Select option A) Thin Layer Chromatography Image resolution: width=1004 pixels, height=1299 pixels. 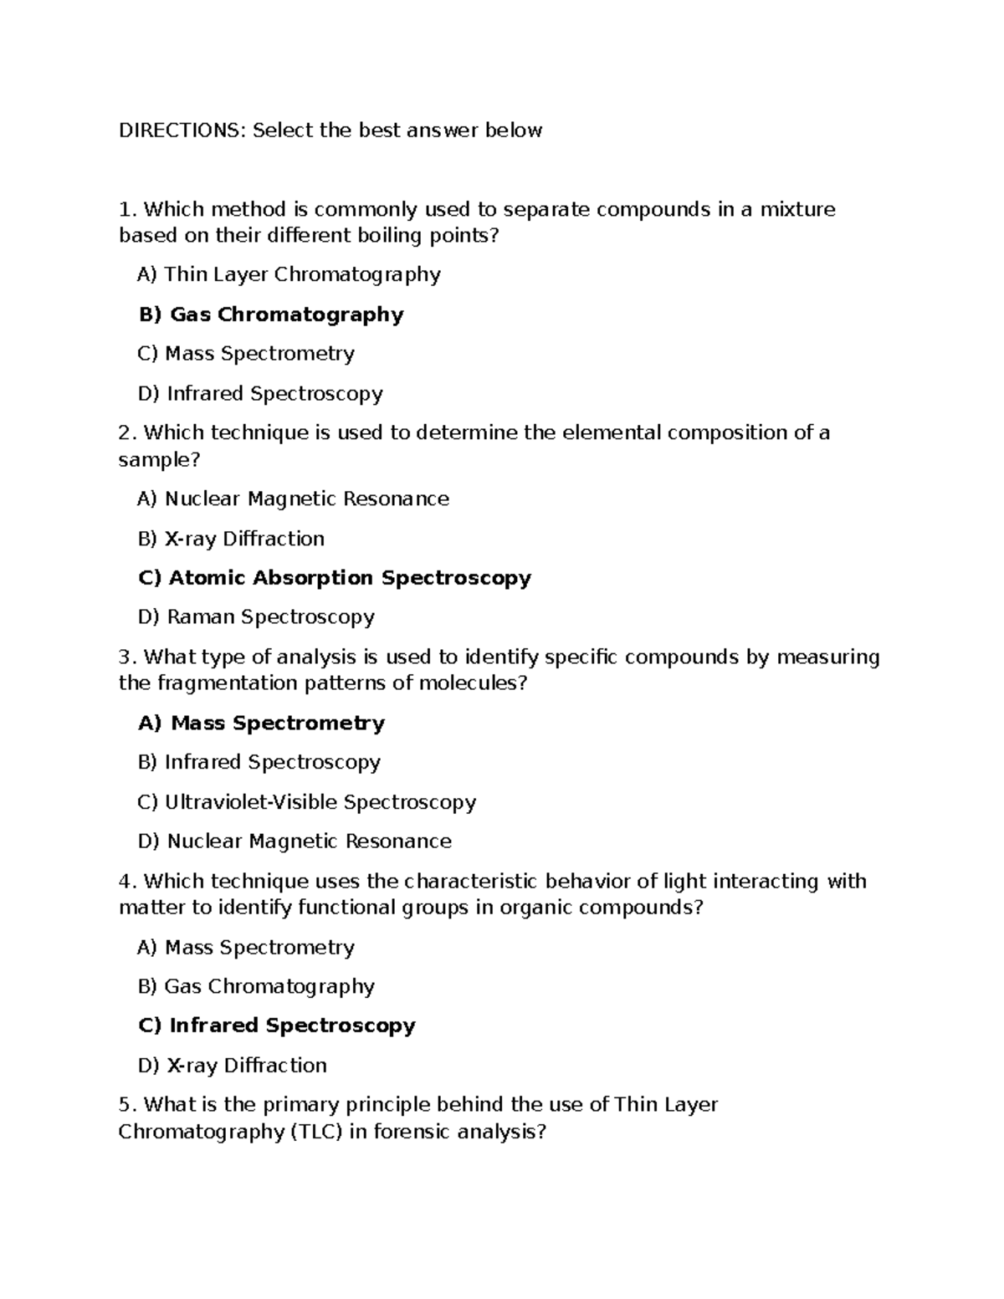point(289,274)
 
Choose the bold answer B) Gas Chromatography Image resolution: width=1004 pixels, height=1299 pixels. point(270,315)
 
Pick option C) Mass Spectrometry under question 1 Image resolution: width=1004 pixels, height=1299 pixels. point(246,354)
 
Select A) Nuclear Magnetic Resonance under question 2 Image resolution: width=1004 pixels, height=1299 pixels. point(293,499)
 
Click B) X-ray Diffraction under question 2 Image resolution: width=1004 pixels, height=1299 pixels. point(231,539)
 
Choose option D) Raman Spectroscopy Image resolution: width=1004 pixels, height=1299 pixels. point(256,617)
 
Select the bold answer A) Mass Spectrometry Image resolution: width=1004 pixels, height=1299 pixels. point(261,724)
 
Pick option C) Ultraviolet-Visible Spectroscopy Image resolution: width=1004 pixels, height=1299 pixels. point(306,802)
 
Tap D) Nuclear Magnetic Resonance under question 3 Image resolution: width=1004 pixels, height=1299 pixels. point(295,841)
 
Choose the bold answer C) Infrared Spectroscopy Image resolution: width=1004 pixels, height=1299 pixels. point(276,1025)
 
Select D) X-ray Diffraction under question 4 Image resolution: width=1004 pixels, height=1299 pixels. point(232,1066)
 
